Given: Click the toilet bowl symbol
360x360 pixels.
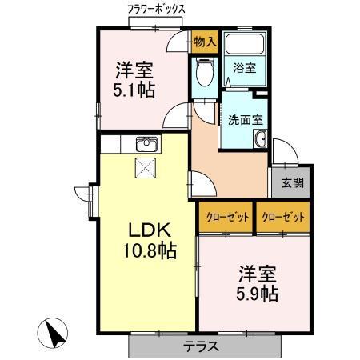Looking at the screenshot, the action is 205,71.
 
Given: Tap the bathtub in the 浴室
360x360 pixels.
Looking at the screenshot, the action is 245,43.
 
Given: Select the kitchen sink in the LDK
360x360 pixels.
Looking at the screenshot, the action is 146,144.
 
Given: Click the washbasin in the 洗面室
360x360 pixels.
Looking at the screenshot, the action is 261,138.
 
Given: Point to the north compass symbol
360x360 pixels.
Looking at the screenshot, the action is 53,333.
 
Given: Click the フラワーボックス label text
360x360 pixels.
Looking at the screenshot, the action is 156,10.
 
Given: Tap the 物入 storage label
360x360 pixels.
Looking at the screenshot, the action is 205,42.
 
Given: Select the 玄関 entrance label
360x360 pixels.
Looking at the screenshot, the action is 293,183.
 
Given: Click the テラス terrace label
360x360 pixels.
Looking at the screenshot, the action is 202,346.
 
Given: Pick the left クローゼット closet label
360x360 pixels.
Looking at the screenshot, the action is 228,218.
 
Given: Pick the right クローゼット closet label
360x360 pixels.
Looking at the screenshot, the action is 283,218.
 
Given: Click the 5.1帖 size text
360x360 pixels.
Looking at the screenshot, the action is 134,90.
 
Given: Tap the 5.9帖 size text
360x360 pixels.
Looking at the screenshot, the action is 257,294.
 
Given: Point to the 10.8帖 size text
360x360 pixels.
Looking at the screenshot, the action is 150,250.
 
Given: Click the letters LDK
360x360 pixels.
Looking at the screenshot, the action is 150,230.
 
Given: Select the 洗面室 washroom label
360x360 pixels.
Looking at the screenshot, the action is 246,120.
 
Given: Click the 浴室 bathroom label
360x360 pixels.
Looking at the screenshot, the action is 245,68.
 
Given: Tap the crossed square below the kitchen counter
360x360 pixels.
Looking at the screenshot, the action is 146,168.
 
